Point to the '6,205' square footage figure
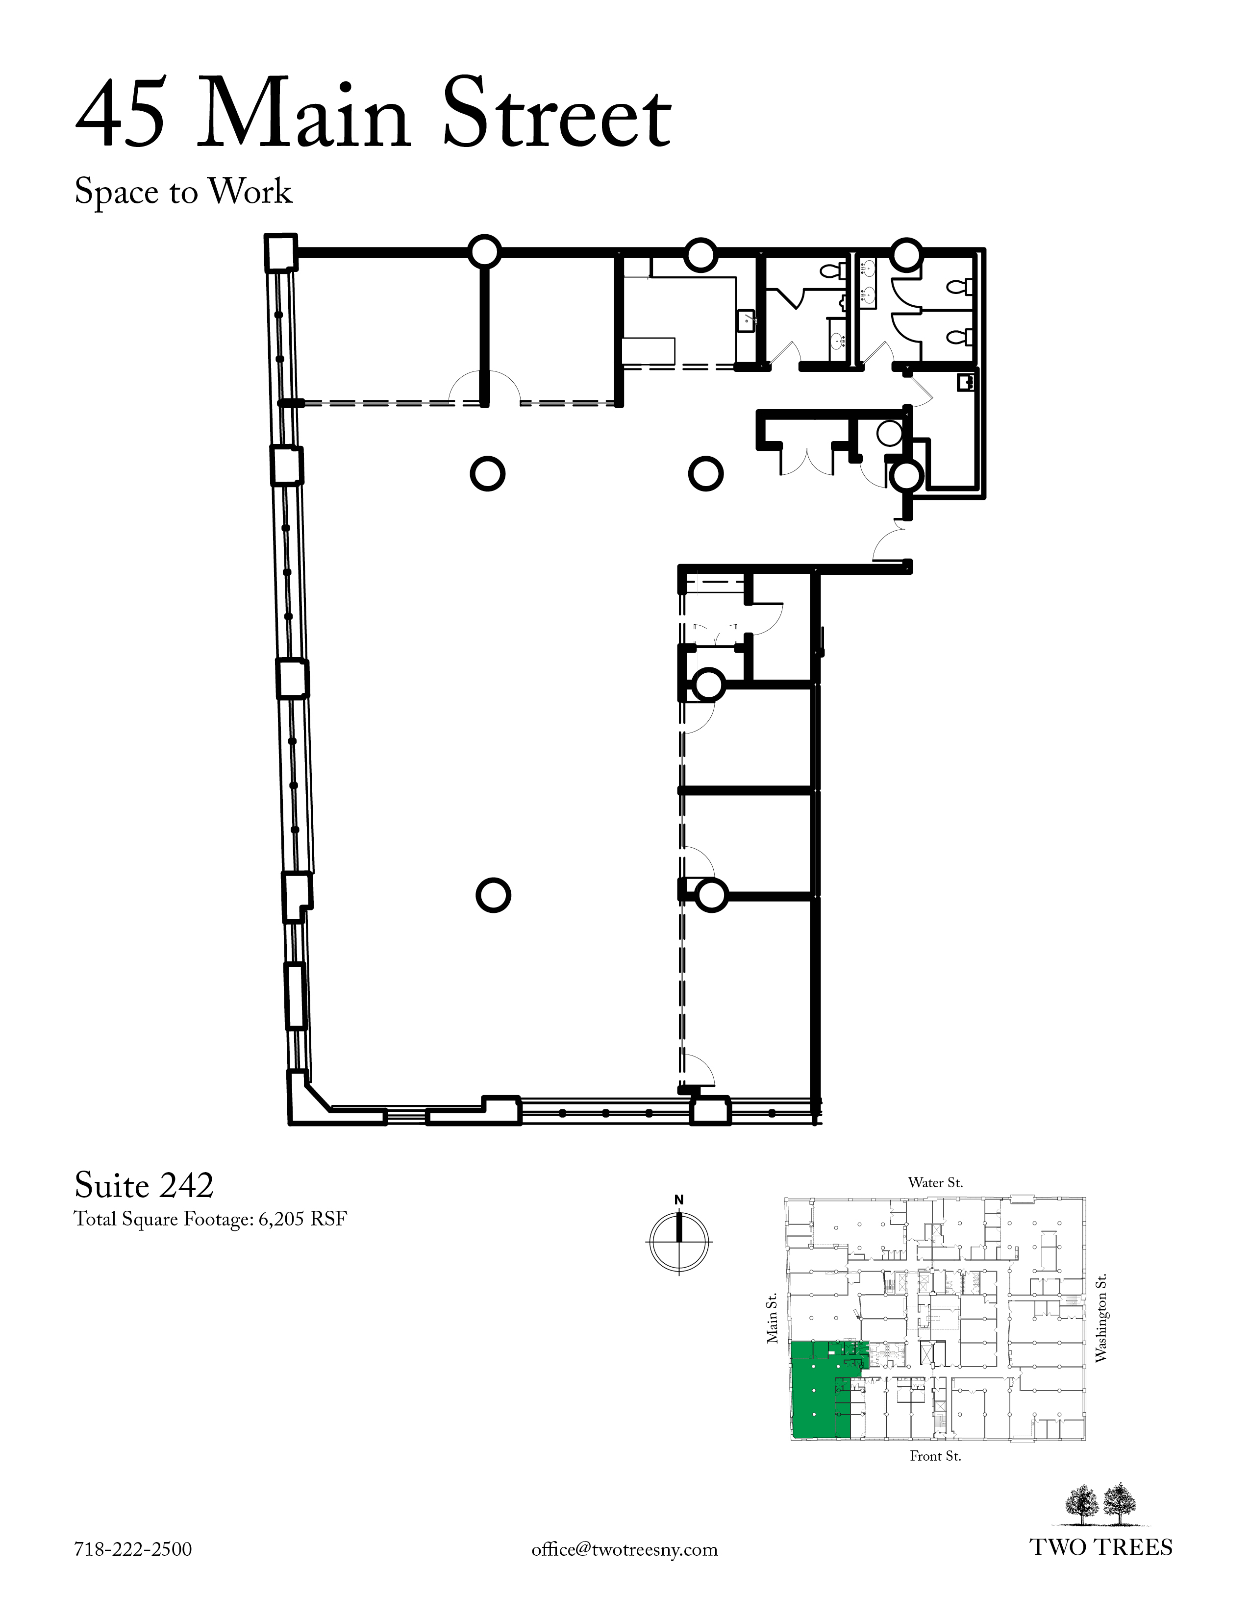[x=281, y=1220]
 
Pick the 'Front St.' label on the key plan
[x=935, y=1456]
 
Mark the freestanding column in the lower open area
[x=493, y=896]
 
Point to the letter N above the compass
[x=679, y=1200]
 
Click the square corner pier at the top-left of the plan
[x=281, y=252]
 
